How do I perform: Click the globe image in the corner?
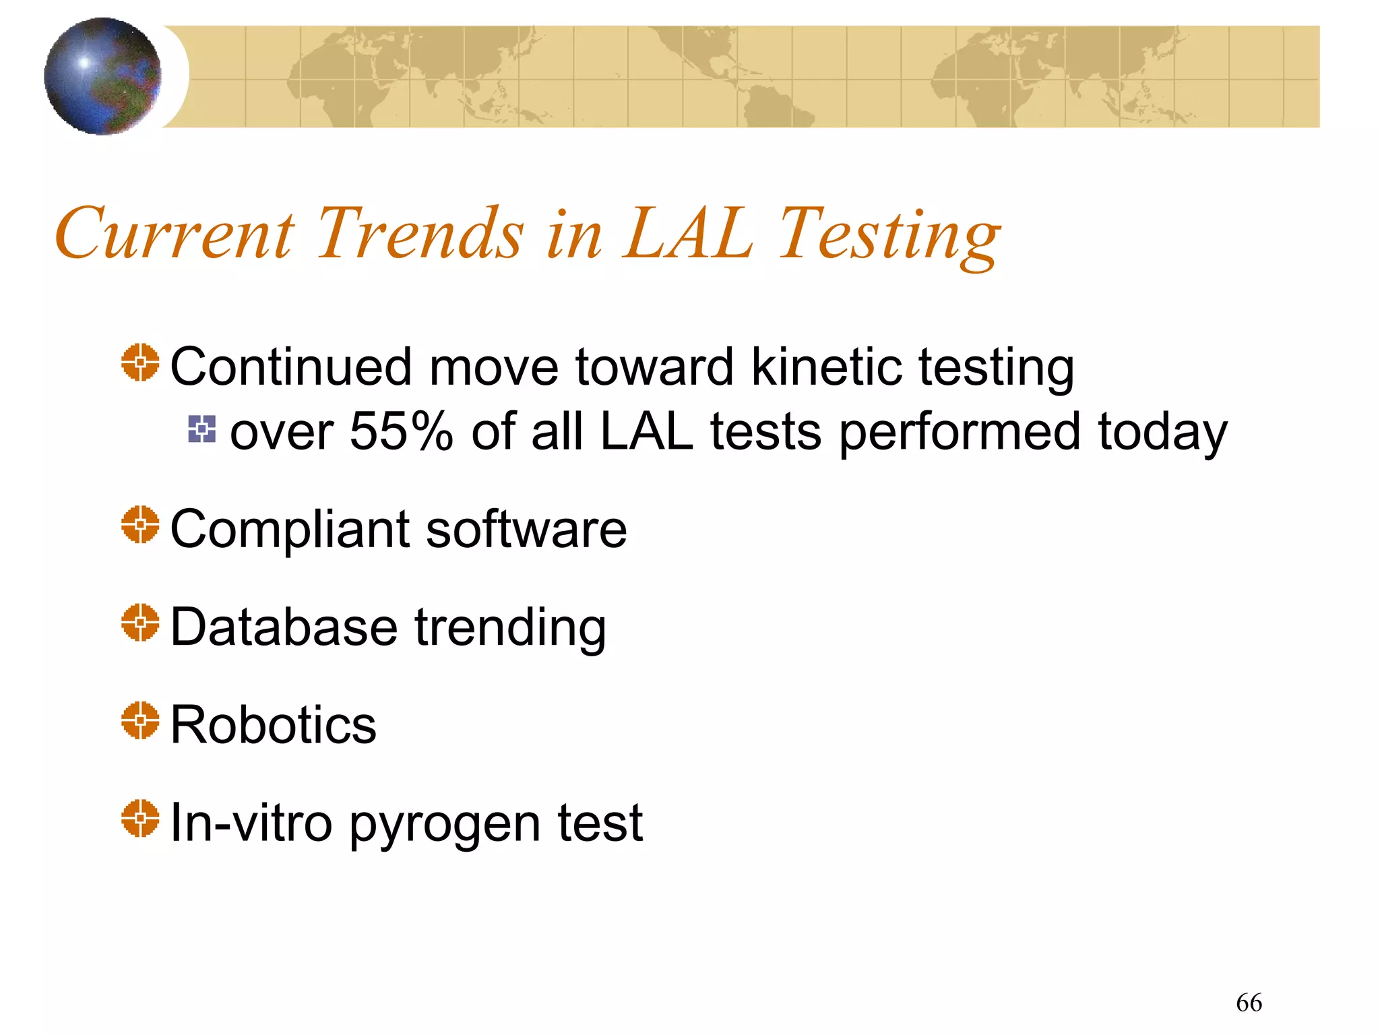102,76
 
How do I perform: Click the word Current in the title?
175,233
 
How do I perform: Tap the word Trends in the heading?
419,233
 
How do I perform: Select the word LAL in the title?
688,233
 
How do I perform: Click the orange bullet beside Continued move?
140,363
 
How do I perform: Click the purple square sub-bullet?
202,429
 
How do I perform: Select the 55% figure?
401,432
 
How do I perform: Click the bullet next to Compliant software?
140,524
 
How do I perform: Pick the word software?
526,530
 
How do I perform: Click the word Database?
284,627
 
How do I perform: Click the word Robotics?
273,726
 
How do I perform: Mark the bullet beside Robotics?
140,720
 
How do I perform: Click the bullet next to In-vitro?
140,818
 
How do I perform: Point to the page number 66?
1249,1003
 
